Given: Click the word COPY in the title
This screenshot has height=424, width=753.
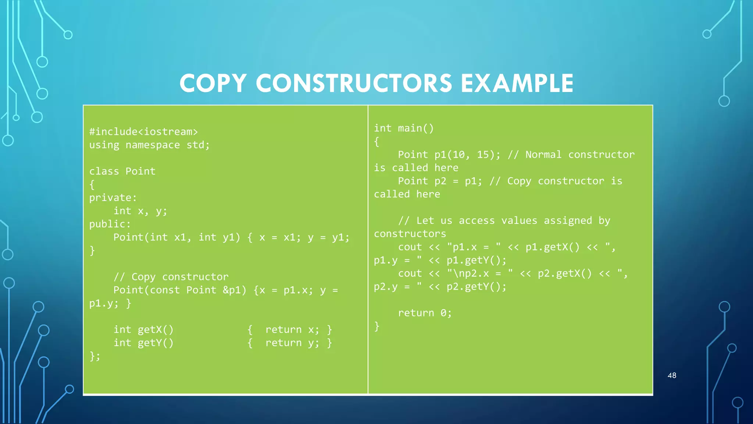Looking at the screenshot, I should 213,83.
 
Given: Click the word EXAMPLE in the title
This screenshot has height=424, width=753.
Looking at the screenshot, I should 517,83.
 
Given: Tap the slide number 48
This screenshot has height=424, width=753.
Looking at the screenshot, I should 672,375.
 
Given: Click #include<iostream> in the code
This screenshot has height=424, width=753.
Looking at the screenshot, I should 143,132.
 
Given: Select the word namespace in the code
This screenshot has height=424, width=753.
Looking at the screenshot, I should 153,145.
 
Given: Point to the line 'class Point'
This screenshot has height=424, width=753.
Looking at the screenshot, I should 122,172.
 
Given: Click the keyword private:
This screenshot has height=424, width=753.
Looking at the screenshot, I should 113,198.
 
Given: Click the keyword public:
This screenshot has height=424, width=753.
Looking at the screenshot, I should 110,224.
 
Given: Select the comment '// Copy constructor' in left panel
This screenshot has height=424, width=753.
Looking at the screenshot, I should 171,277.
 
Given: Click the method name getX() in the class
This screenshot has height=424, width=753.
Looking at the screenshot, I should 155,330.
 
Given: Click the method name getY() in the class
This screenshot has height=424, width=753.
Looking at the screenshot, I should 155,343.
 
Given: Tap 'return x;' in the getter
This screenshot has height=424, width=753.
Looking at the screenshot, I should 292,330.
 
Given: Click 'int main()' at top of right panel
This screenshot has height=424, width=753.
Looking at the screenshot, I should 404,128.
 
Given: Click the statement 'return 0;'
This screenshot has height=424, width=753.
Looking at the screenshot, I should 425,313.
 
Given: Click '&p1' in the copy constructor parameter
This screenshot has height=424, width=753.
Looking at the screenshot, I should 235,290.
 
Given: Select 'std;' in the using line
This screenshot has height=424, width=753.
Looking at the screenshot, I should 198,145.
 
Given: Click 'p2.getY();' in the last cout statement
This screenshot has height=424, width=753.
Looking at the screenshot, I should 476,287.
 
